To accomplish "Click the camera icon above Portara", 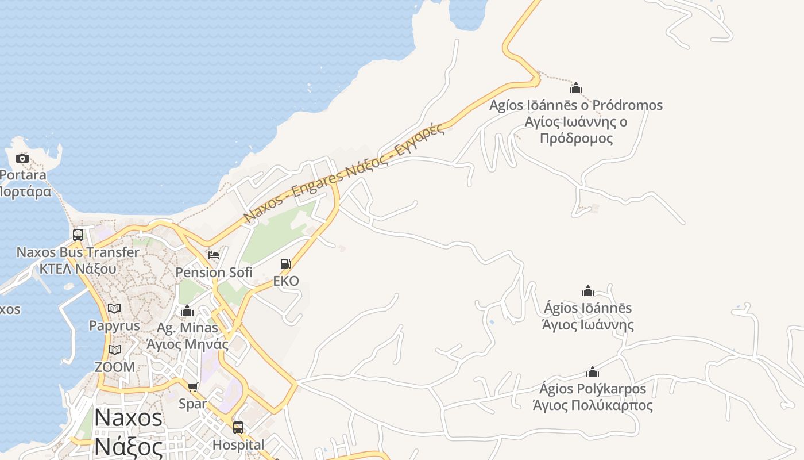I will pyautogui.click(x=22, y=158).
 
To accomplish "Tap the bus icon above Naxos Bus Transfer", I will pyautogui.click(x=78, y=235).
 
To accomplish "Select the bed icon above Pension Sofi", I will pyautogui.click(x=214, y=255).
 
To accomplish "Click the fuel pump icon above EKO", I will pyautogui.click(x=285, y=264).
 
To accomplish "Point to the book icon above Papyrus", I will pyautogui.click(x=114, y=309).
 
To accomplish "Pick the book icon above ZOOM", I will pyautogui.click(x=115, y=350).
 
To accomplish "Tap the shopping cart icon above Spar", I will pyautogui.click(x=192, y=387).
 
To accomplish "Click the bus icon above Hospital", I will pyautogui.click(x=238, y=428).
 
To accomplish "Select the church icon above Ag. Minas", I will pyautogui.click(x=187, y=311).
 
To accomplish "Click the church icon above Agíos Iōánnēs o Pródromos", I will pyautogui.click(x=576, y=88).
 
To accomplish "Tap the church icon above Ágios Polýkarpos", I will pyautogui.click(x=593, y=372).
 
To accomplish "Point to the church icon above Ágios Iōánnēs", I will pyautogui.click(x=588, y=291).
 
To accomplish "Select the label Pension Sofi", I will pyautogui.click(x=214, y=273).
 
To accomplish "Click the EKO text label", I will pyautogui.click(x=286, y=281).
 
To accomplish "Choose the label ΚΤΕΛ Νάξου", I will pyautogui.click(x=78, y=269).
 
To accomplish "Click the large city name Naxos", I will pyautogui.click(x=129, y=417).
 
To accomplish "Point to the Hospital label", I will pyautogui.click(x=238, y=444).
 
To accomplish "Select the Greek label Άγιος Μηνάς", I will pyautogui.click(x=187, y=344).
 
